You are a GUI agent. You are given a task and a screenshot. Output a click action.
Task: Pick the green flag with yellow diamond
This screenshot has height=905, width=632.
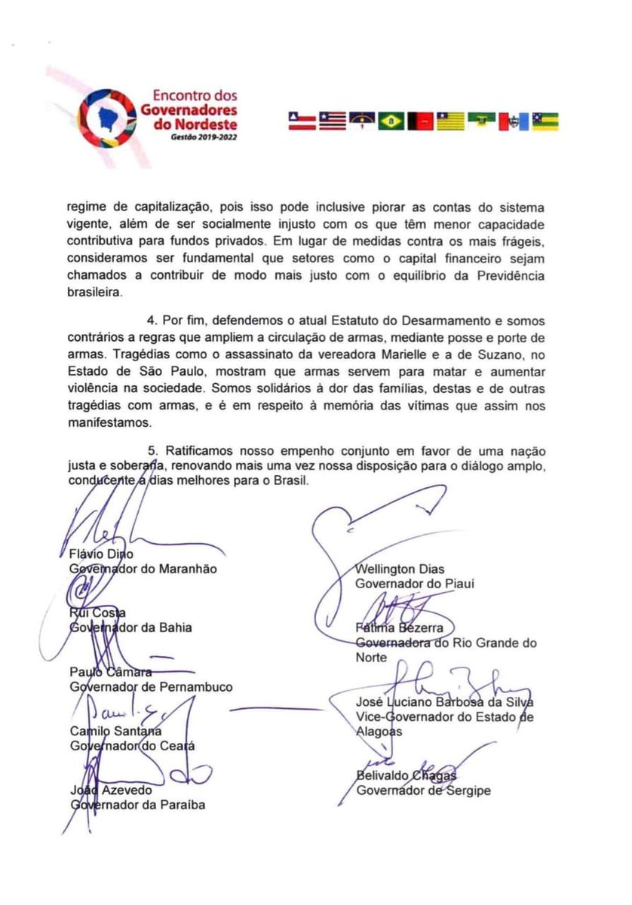[391, 121]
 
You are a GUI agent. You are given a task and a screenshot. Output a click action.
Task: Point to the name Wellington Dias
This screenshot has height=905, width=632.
[400, 569]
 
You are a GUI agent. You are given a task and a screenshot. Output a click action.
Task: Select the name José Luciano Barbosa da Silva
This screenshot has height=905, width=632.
[444, 701]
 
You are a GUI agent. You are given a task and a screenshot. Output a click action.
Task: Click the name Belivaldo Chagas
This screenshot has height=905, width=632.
[407, 775]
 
